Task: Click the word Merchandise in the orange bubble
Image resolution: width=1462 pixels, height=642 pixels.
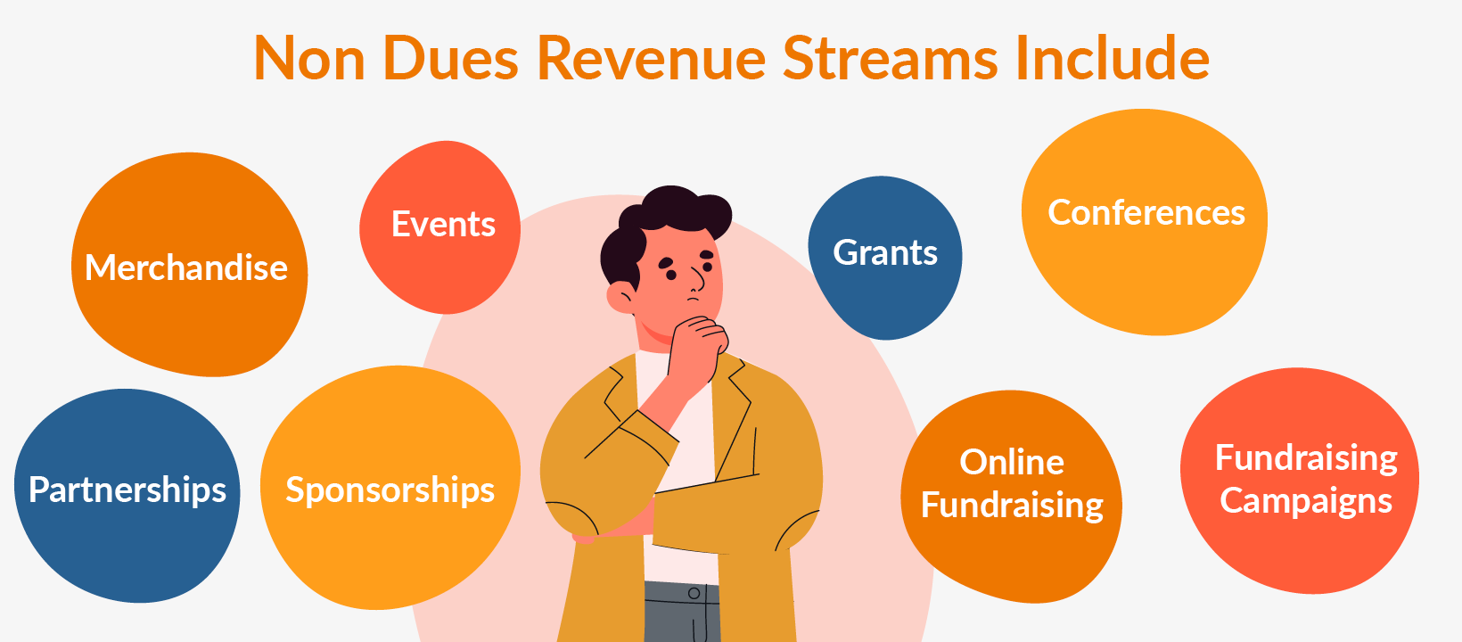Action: point(186,267)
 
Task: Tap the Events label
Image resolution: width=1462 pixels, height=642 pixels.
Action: point(443,224)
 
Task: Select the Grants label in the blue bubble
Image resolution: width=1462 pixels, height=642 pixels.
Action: point(885,253)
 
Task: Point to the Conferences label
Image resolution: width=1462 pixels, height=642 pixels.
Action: point(1146,212)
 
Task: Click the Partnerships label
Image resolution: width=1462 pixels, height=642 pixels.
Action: point(127,490)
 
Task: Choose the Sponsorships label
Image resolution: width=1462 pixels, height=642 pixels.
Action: point(390,490)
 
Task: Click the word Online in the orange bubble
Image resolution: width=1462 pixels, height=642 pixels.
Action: point(1012,462)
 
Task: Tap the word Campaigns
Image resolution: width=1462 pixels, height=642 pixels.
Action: point(1306,501)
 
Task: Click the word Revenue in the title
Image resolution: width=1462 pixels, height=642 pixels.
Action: point(651,59)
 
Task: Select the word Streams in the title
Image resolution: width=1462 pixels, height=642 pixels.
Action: point(890,59)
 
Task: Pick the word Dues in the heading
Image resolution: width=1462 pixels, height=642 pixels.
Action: point(451,59)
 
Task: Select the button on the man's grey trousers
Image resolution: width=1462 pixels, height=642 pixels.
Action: point(694,593)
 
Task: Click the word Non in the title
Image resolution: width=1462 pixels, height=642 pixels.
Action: point(309,59)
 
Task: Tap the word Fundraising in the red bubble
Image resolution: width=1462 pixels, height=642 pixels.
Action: point(1306,458)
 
